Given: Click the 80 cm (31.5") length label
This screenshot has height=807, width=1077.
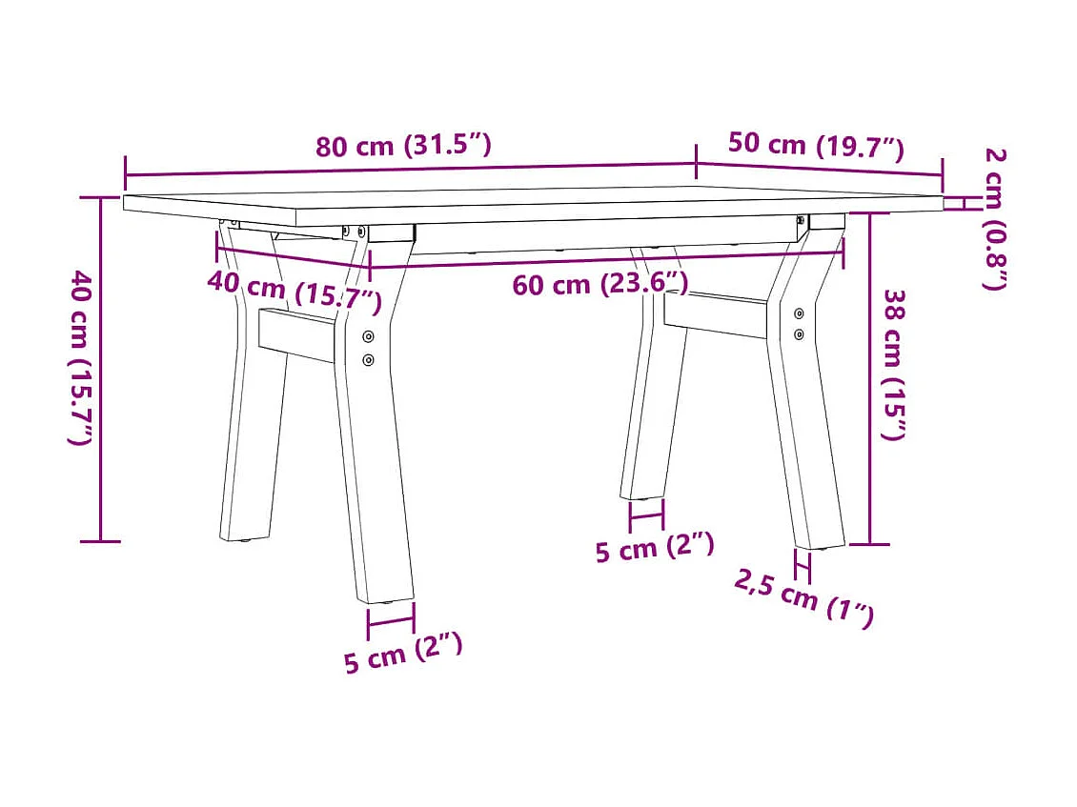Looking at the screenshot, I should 404,146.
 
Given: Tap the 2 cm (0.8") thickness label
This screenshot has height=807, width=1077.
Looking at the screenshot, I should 994,218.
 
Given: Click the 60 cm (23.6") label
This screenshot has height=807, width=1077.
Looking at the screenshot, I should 599,283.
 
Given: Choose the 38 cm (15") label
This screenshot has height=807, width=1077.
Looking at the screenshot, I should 893,364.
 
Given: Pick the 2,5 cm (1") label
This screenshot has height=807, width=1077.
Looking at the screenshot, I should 803,597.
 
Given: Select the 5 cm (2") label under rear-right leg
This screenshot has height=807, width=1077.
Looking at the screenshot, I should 655,549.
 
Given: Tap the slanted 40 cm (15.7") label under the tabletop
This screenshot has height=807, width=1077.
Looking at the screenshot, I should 295,291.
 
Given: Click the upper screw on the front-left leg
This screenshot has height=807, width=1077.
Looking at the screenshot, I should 369,336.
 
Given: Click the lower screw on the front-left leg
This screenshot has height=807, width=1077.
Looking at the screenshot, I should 369,359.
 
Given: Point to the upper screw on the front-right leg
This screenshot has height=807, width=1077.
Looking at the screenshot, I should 799,313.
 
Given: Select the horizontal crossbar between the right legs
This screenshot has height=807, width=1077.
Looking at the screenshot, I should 715,315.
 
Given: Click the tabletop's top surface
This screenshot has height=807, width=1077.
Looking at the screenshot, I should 534,197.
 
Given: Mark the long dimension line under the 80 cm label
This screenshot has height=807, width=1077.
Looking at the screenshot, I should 410,170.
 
